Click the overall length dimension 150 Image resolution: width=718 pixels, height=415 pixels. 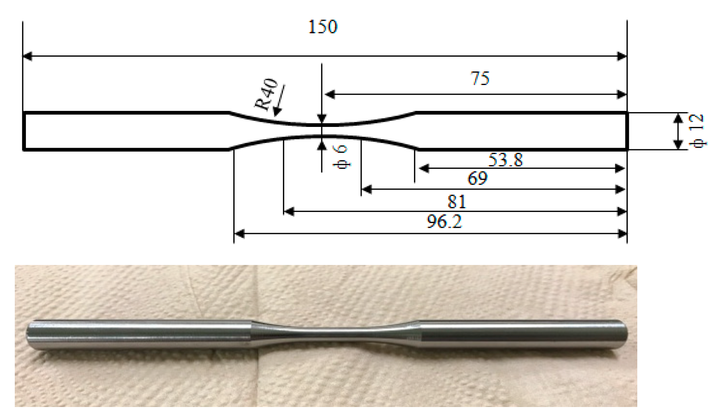coord(323,27)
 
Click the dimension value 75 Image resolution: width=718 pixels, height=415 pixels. coord(480,78)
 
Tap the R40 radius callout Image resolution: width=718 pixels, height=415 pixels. coord(267,94)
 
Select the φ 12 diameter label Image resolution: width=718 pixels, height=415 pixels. coord(698,131)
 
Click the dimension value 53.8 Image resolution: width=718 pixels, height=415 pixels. coord(505,160)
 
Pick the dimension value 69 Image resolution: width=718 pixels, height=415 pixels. coord(477,178)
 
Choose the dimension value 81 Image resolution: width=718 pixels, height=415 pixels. coord(456,202)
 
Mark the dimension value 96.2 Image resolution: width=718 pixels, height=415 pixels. coord(444,221)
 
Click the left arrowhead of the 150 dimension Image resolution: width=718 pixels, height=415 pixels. coord(27,56)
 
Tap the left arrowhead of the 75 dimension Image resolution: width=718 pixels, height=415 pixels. coord(330,95)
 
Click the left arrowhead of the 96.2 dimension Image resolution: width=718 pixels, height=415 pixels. coord(239,233)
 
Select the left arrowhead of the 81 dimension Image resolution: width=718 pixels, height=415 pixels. coord(289,211)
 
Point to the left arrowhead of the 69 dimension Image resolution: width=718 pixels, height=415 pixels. coord(366,190)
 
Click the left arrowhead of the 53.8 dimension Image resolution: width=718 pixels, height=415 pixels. coord(424,168)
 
